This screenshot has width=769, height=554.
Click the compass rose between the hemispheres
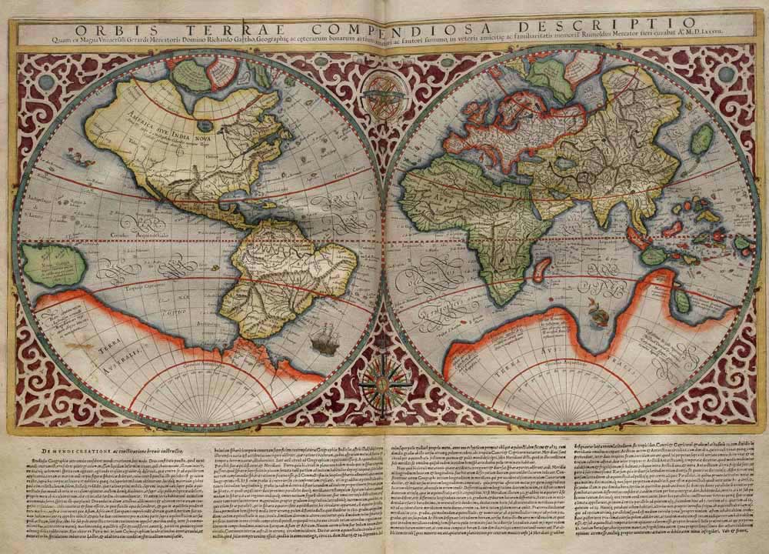point(384,379)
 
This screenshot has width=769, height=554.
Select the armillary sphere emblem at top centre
point(381,94)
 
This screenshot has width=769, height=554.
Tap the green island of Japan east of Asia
point(701,141)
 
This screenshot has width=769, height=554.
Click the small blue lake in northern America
point(205,123)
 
